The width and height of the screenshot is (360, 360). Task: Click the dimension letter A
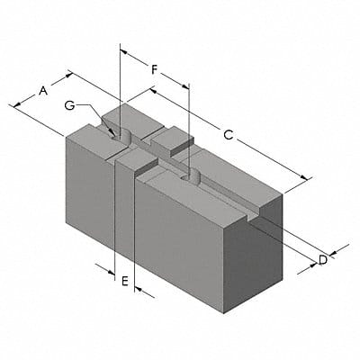coord(42,90)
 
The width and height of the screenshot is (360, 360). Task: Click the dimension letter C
coord(229,135)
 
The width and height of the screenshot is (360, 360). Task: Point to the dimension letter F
coord(155,68)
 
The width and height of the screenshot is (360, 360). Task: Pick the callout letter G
coord(70,105)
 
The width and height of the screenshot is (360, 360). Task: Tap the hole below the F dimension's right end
coord(189,175)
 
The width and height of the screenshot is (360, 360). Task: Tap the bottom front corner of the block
coord(222,314)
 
